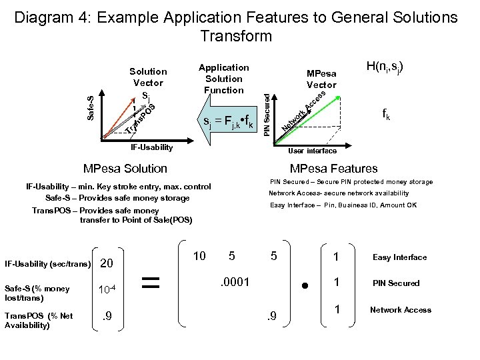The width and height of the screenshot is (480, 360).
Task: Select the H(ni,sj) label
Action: click(x=389, y=68)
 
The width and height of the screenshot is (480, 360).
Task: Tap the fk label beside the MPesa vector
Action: click(x=387, y=114)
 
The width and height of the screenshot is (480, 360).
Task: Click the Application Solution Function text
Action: click(x=224, y=79)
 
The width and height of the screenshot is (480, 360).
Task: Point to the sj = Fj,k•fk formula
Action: click(x=229, y=122)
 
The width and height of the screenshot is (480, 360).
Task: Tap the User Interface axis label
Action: click(x=312, y=151)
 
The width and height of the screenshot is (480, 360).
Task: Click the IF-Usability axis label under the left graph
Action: click(x=151, y=147)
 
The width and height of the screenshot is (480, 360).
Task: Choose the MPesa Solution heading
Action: click(x=125, y=169)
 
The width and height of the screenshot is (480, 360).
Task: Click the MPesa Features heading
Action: click(x=333, y=169)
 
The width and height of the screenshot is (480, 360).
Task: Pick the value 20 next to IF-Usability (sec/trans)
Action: click(x=106, y=264)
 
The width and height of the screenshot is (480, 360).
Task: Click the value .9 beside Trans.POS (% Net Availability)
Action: click(x=106, y=315)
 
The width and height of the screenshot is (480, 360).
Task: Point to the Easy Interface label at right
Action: click(x=399, y=257)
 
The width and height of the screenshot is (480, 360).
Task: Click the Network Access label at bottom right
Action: click(x=400, y=309)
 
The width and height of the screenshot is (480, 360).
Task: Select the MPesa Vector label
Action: click(x=321, y=79)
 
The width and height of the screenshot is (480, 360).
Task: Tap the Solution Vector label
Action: click(x=148, y=77)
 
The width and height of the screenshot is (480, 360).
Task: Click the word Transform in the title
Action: click(x=236, y=35)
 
